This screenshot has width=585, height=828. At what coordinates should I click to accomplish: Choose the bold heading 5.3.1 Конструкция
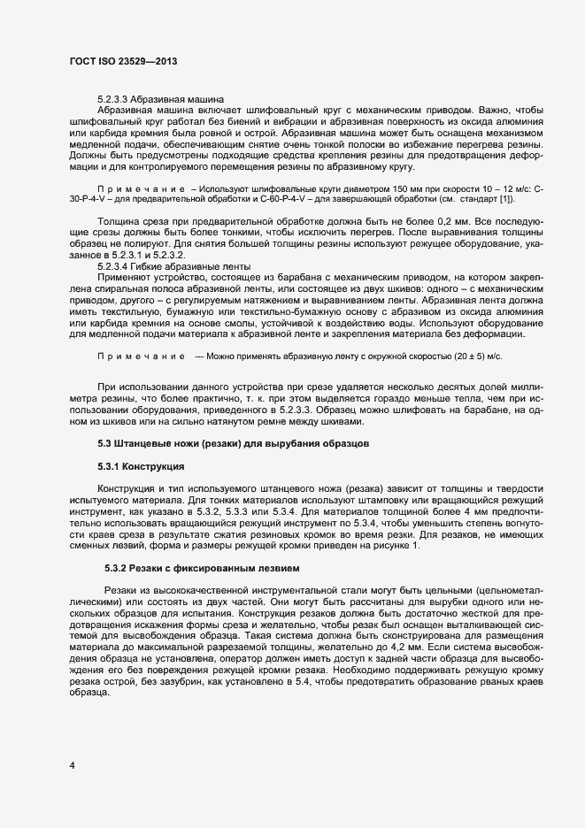(x=140, y=465)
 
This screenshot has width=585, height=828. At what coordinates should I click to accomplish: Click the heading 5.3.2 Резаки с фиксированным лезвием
(x=203, y=567)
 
